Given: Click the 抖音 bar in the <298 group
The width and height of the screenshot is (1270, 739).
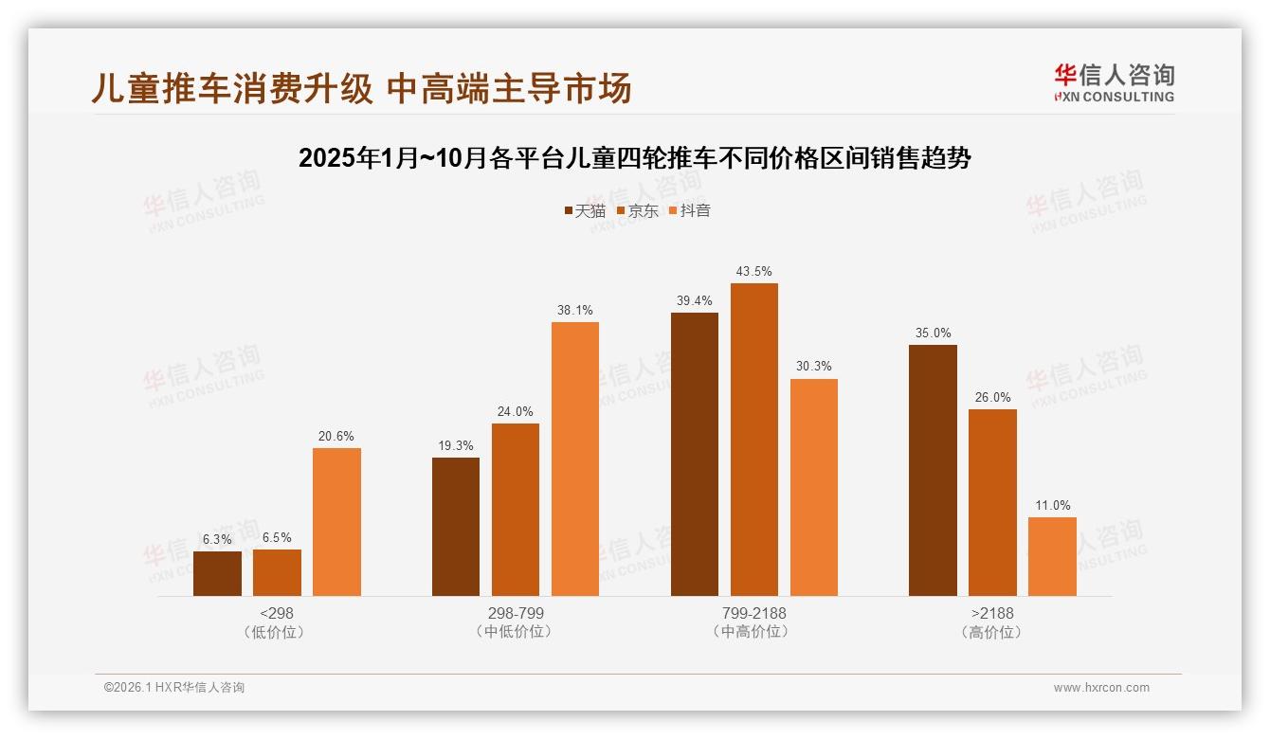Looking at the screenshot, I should tap(336, 522).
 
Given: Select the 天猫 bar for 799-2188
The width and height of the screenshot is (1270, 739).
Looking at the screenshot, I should tap(695, 454).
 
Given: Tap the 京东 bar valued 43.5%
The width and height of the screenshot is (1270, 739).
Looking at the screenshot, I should tap(753, 440).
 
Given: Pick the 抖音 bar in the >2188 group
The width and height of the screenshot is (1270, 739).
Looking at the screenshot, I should tap(1052, 556).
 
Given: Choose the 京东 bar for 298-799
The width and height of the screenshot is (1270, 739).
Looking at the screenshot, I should tap(516, 510).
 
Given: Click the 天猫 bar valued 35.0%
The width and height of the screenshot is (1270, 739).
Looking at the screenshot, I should tap(933, 470).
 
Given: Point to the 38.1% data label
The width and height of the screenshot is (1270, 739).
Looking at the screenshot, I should tap(575, 310).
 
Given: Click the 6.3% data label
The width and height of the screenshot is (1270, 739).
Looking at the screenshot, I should tap(217, 539).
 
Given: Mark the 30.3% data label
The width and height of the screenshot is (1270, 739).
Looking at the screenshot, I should tap(814, 367).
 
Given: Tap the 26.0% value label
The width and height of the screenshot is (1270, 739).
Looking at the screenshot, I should tap(992, 397).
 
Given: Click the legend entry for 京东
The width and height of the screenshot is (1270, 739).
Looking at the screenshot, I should tap(637, 210).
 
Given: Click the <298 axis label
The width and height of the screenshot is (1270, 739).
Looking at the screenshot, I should tap(276, 613).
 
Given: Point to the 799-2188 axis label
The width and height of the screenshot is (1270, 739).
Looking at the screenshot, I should tap(753, 613).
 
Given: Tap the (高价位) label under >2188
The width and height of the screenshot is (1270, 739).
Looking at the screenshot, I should tap(992, 632).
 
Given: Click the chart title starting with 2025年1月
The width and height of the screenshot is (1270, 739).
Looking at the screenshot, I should tap(634, 158).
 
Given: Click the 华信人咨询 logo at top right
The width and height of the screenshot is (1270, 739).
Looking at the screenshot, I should tap(1114, 82).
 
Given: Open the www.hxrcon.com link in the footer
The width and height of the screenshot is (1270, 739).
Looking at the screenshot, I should tap(1100, 688).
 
